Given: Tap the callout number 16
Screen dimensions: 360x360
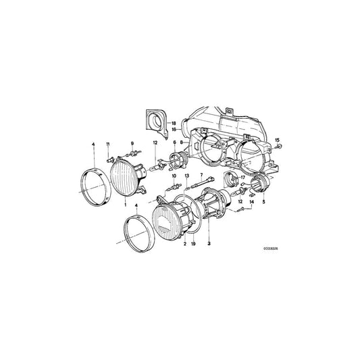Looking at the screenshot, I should [173, 128].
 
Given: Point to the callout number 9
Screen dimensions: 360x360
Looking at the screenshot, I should [132, 143].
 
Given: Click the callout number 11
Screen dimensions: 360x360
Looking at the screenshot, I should [107, 144].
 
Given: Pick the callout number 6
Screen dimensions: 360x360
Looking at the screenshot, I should [174, 143].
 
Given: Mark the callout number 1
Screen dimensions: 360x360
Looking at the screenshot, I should [124, 203].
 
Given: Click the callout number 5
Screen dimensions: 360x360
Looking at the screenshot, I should [264, 202].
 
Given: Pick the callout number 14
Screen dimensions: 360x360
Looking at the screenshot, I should [251, 202].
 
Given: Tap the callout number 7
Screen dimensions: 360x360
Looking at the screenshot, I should [201, 174].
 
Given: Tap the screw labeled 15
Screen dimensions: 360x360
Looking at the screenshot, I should [277, 148].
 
